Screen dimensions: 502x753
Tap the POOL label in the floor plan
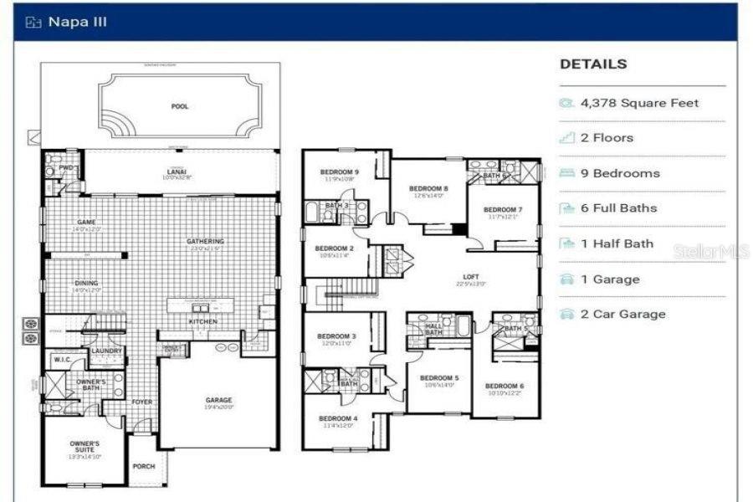click(x=179, y=106)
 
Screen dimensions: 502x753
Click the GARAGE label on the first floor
click(x=218, y=400)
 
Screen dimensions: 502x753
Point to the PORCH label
click(x=143, y=466)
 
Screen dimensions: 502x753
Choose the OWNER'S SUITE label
click(x=84, y=447)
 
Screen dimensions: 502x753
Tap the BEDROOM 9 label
click(x=339, y=172)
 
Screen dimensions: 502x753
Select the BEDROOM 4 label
click(x=338, y=417)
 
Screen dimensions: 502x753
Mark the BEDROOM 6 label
click(x=505, y=386)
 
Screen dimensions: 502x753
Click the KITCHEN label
click(x=202, y=321)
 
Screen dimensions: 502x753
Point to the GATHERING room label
click(x=205, y=241)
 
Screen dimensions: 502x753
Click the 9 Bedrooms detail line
click(x=620, y=173)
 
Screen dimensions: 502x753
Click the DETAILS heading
click(x=592, y=64)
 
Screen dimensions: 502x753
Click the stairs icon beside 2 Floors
click(x=566, y=138)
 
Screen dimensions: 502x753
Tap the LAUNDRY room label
click(x=106, y=351)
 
